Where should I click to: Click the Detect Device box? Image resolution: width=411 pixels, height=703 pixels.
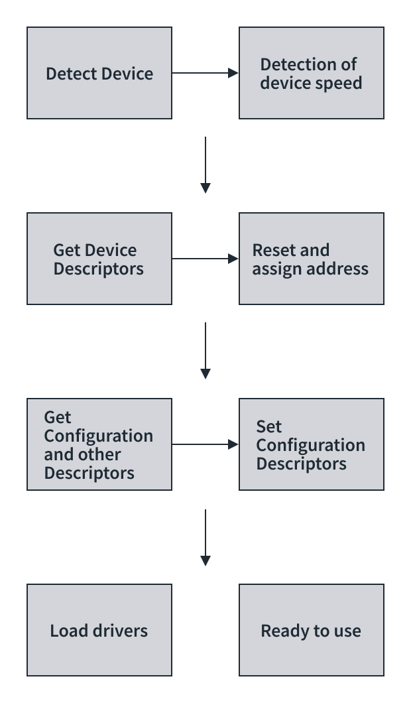(99, 73)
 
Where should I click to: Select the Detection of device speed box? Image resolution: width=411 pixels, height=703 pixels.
(312, 73)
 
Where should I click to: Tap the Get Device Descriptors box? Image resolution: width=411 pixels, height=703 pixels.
(99, 259)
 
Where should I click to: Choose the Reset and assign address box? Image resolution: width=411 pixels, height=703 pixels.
(312, 259)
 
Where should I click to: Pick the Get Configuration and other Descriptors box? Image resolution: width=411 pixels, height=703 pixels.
(99, 444)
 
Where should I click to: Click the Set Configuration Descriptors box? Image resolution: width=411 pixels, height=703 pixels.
(312, 444)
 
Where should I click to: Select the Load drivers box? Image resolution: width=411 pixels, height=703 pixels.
(99, 630)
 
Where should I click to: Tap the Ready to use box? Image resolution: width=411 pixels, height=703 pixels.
(312, 630)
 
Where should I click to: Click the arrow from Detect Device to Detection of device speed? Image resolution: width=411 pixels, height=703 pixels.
(205, 73)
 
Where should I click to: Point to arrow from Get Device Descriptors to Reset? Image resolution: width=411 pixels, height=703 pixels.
(205, 259)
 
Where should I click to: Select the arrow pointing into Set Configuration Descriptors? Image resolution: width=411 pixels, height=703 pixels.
(205, 444)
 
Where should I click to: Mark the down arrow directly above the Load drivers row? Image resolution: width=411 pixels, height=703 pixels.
(206, 537)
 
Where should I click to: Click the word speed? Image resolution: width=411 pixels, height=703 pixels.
(339, 83)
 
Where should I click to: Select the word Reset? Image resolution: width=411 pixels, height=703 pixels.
(270, 250)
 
